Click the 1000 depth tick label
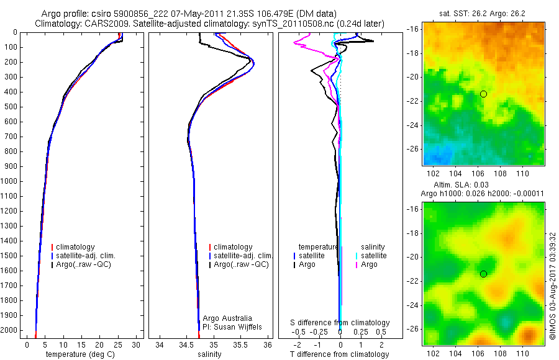point(9,181)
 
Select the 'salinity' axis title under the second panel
point(209,354)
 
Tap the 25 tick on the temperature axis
point(117,344)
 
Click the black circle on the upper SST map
point(483,94)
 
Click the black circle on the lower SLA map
point(483,274)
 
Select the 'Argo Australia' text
point(227,318)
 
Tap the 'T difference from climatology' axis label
point(340,354)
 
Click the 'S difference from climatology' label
point(340,323)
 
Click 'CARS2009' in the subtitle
point(103,24)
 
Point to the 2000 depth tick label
point(9,330)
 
